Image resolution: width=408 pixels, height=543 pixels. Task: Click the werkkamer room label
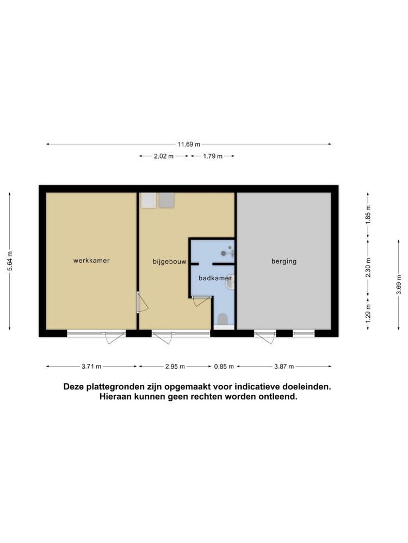(x=91, y=261)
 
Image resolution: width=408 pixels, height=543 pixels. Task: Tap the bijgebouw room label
(x=170, y=262)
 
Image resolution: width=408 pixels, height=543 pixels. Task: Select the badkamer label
(x=215, y=278)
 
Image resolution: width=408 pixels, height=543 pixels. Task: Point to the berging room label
(x=284, y=262)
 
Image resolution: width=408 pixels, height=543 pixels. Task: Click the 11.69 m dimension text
(x=189, y=144)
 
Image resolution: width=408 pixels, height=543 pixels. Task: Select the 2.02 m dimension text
(x=164, y=156)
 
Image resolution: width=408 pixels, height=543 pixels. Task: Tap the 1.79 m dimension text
(x=213, y=156)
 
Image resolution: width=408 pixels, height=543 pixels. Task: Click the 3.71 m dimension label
(x=91, y=367)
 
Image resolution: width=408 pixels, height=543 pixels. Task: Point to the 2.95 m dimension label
(x=175, y=367)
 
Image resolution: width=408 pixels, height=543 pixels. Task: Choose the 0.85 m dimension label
(x=224, y=367)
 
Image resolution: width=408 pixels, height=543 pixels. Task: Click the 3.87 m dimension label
(x=284, y=367)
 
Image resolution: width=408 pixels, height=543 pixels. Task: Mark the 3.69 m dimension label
(x=399, y=285)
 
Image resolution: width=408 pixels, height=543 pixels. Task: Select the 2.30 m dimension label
(x=368, y=268)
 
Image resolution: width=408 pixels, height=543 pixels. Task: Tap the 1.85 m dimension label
(x=368, y=215)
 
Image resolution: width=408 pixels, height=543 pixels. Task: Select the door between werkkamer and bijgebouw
(x=142, y=302)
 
